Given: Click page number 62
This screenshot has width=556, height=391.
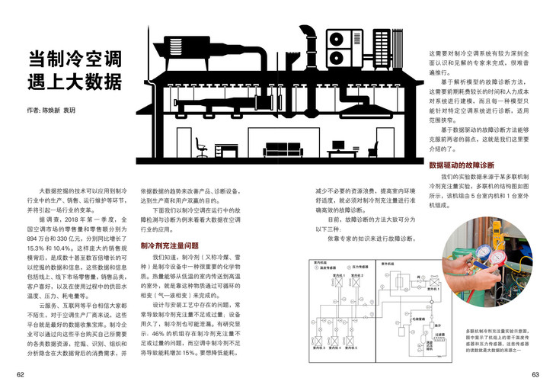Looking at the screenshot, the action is pos(21,374).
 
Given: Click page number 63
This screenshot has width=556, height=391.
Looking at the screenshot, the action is pos(535,374).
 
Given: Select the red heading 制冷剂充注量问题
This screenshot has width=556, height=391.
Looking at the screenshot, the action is pos(169,246).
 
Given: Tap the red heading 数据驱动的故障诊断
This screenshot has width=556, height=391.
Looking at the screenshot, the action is pos(462,165).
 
